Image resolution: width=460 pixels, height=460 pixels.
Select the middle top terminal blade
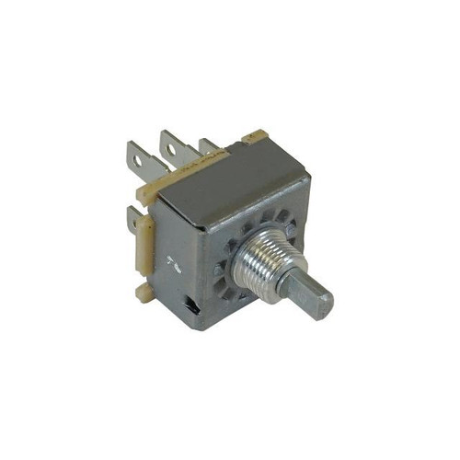pos(172,147)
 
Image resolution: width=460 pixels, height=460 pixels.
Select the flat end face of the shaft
pos(316,304)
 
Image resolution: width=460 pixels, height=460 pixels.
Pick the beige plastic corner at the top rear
pos(255,139)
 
